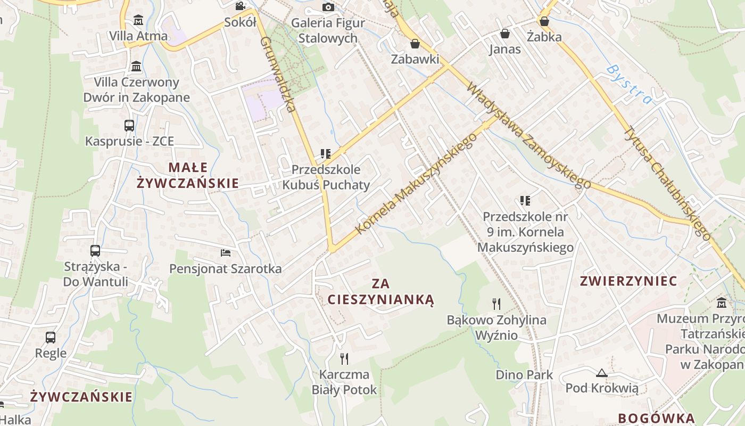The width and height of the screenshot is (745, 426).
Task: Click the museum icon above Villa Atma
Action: point(138,20)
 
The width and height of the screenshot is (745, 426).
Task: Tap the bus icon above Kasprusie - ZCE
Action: point(129,126)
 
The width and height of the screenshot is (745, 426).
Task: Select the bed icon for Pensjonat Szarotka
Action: point(226,252)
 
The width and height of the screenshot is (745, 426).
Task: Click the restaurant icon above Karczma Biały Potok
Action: point(344,358)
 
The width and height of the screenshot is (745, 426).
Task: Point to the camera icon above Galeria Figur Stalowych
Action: point(328,7)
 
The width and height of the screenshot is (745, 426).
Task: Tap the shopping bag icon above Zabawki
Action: point(415,44)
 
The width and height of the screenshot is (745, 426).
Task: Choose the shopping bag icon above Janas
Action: point(504,34)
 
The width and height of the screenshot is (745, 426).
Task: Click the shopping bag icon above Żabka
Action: point(544,21)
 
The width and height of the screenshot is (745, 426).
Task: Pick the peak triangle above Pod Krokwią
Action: point(602,373)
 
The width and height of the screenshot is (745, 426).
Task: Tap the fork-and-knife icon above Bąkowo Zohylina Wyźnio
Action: point(496,304)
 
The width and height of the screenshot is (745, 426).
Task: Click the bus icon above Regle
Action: point(51,337)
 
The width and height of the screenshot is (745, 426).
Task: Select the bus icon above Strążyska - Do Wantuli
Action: point(95,250)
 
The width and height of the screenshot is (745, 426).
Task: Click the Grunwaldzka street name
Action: point(278,75)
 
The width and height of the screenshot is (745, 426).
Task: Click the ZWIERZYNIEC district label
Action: point(628,281)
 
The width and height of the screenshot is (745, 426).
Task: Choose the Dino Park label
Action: point(524,375)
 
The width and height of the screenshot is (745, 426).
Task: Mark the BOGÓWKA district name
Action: point(656,418)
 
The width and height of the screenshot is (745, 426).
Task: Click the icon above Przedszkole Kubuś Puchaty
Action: point(325,154)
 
